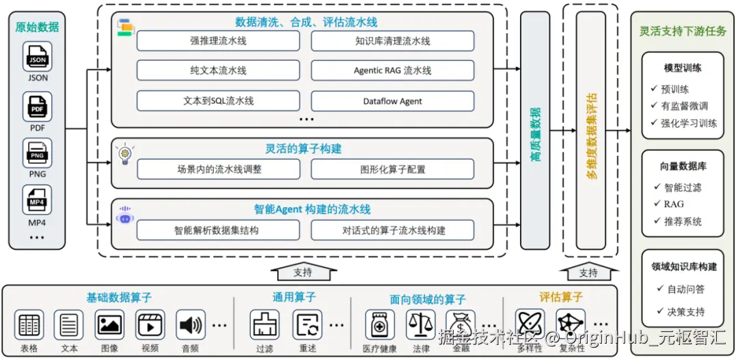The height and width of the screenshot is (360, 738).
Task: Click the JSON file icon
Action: pos(38,57)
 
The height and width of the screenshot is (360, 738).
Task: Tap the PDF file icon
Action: pos(38,106)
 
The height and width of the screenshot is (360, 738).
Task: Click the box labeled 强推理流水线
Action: pos(218,41)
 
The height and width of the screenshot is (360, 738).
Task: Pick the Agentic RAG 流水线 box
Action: pos(392,70)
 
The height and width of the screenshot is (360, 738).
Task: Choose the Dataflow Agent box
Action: pos(392,101)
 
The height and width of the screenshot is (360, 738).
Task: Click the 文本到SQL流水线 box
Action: pos(218,101)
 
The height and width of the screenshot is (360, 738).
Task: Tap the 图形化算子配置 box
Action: pos(392,169)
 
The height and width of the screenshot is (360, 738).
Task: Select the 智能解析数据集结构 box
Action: pos(218,230)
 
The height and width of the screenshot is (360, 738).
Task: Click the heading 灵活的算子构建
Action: pos(303,149)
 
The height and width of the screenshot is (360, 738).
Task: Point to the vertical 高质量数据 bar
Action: pos(535,130)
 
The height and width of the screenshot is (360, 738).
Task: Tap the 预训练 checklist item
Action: pos(674,89)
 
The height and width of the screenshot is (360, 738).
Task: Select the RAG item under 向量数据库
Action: pos(673,204)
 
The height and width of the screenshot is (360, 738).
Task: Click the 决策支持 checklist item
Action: pos(685,311)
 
